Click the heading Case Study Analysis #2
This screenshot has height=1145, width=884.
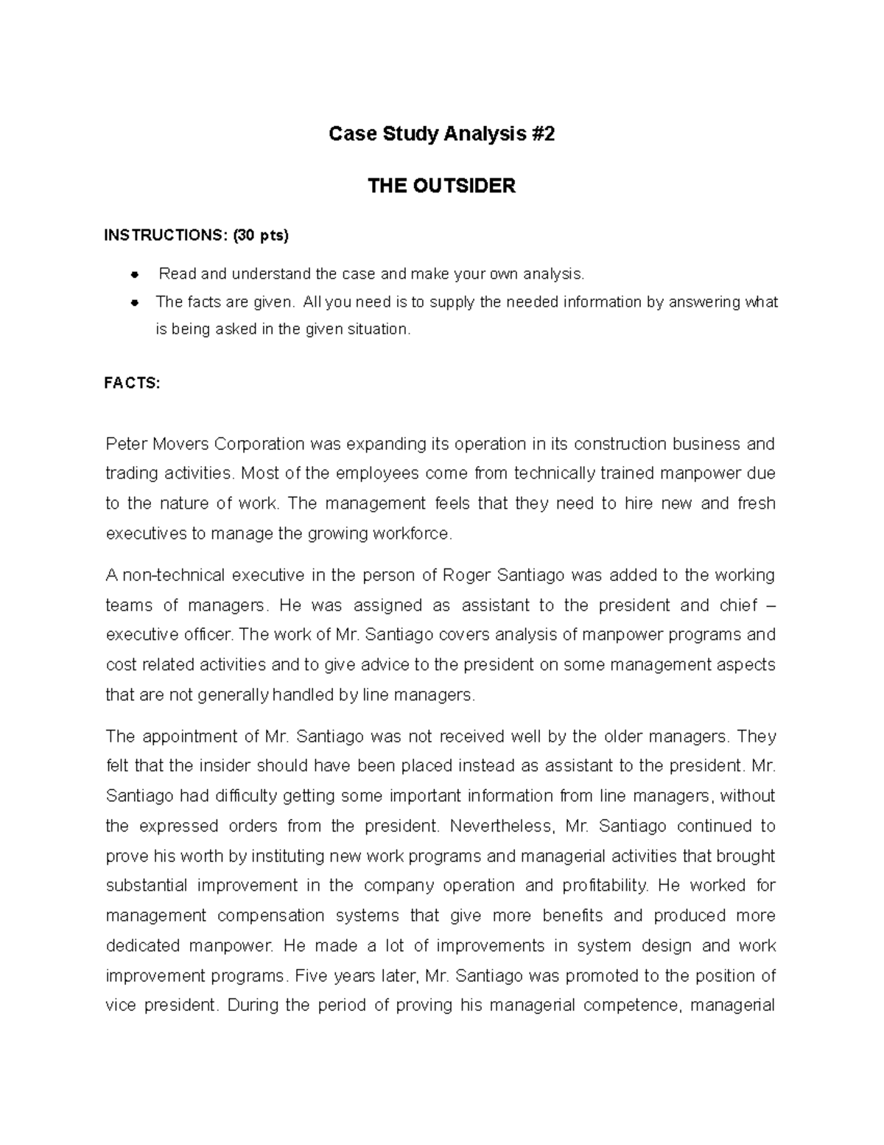(441, 134)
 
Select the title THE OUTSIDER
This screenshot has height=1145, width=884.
(441, 186)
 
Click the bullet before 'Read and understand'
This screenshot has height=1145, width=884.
(134, 275)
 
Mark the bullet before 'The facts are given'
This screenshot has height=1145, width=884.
(134, 302)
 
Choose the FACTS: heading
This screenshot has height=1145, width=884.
(133, 383)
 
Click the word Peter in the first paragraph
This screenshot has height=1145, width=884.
(127, 444)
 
